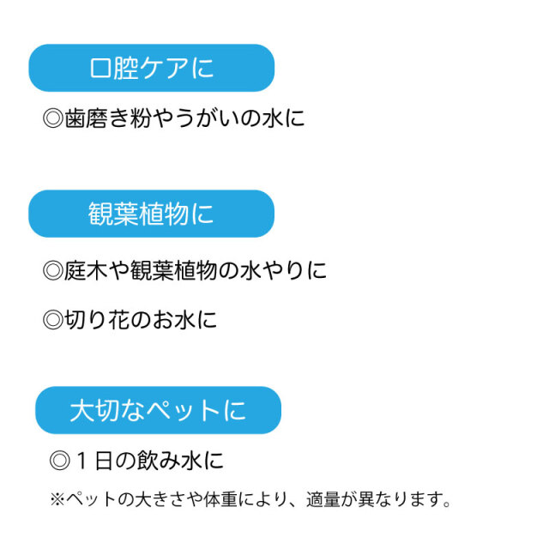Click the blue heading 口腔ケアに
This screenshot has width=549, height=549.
tap(151, 68)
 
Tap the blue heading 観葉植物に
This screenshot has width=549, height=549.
tap(151, 214)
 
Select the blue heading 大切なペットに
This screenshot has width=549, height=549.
tap(158, 410)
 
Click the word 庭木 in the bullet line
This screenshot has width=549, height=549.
tap(86, 270)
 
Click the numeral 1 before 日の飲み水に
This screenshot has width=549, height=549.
tap(81, 461)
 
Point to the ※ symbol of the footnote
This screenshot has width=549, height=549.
tap(57, 499)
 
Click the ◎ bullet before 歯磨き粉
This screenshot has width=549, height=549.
tap(53, 118)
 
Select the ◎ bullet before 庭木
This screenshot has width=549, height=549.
tap(53, 271)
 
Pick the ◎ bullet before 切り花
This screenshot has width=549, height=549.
tap(53, 320)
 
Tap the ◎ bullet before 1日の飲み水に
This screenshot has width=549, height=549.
tap(60, 461)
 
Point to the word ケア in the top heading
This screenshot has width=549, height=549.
tap(164, 68)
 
